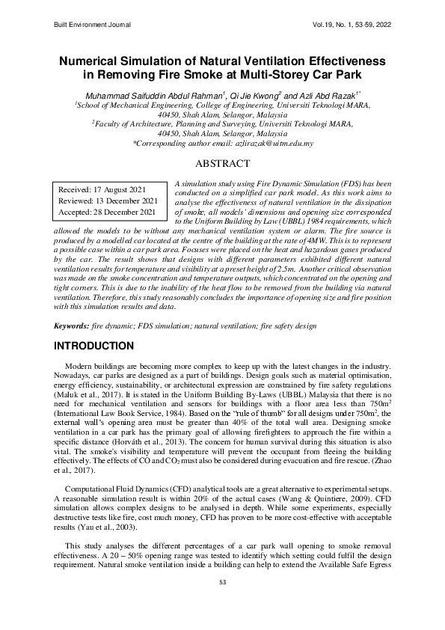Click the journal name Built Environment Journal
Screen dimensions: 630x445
pos(93,25)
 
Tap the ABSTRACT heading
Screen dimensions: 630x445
pos(222,163)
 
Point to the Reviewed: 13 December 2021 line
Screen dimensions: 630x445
pos(108,201)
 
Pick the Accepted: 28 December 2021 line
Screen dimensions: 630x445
pos(107,212)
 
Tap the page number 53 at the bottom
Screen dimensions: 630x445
pos(222,602)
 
